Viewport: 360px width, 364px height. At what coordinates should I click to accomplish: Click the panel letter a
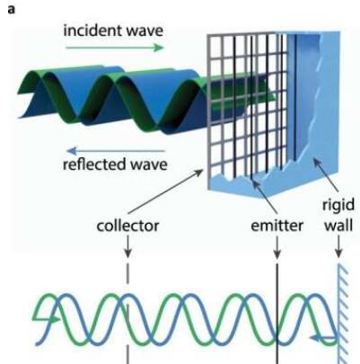click(x=11, y=10)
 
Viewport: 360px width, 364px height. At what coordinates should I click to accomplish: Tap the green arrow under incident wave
click(x=115, y=48)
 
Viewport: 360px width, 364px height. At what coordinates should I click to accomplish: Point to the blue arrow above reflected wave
click(x=116, y=150)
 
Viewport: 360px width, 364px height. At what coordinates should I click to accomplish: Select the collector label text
click(x=127, y=226)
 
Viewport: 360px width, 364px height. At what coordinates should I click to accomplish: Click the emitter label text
click(x=277, y=226)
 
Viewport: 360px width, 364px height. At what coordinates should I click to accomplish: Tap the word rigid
click(x=338, y=206)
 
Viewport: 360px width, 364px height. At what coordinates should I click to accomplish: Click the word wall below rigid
click(x=338, y=226)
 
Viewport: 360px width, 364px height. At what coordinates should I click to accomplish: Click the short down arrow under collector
click(x=127, y=246)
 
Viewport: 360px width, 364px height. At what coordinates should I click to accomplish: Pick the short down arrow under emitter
click(x=277, y=247)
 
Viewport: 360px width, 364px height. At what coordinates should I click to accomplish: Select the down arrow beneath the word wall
click(x=338, y=246)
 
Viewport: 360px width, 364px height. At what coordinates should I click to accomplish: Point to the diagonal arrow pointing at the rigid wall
click(x=326, y=174)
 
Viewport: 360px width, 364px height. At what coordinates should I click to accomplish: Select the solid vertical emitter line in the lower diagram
click(x=277, y=314)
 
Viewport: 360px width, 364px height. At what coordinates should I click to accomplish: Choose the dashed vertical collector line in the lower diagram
click(x=128, y=314)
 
